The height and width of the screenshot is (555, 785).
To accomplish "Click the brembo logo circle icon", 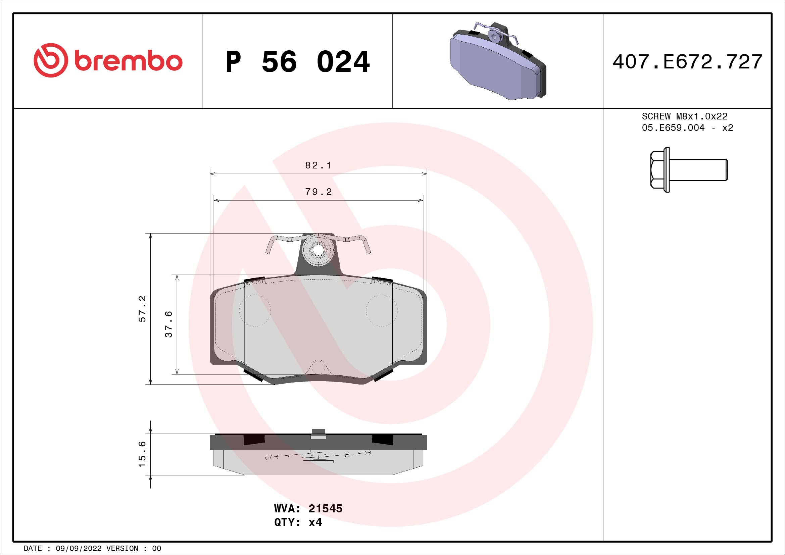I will click(49, 60).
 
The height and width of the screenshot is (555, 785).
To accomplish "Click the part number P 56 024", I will click(297, 62).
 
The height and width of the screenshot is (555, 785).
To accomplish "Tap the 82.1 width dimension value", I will click(318, 165).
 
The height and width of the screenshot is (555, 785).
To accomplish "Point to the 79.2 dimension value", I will click(318, 192).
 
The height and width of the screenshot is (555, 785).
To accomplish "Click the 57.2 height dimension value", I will click(142, 309).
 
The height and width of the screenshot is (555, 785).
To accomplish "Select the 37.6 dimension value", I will click(168, 324).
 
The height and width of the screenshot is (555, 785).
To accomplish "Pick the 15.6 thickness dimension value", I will click(142, 454).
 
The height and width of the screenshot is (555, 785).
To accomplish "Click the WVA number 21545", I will click(325, 508).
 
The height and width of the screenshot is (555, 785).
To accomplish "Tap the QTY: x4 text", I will click(298, 522).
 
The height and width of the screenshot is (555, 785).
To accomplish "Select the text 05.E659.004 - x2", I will click(687, 128).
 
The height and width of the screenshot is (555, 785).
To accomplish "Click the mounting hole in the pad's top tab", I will click(318, 250).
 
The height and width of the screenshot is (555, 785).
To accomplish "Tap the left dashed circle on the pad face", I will click(255, 310).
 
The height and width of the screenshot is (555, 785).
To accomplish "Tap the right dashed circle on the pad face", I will click(382, 310).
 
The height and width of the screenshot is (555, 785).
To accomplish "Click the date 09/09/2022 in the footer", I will click(79, 549).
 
